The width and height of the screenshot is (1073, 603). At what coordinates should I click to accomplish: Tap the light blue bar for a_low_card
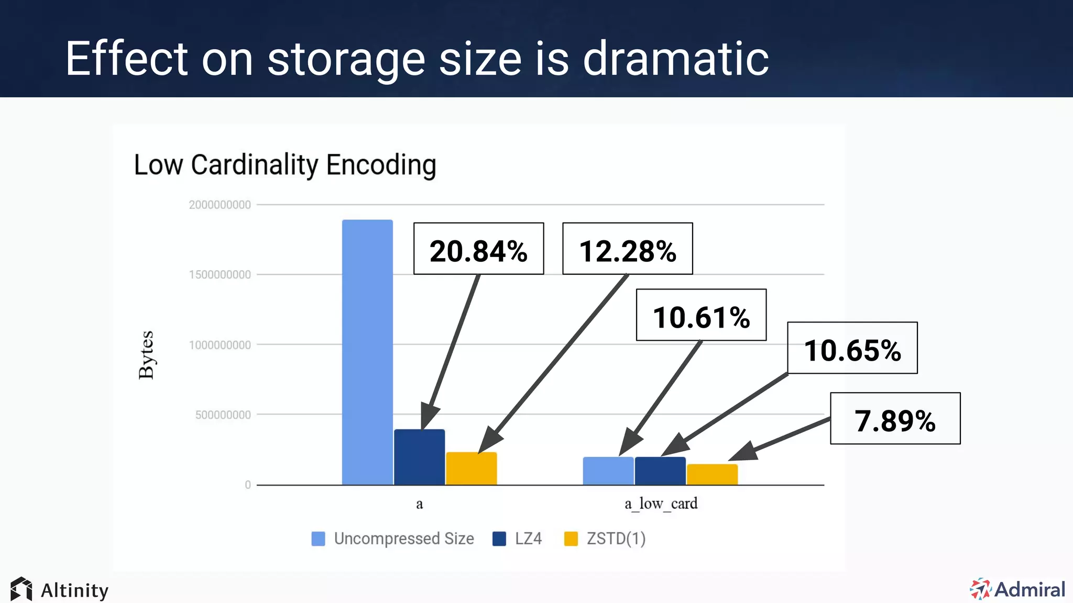[608, 471]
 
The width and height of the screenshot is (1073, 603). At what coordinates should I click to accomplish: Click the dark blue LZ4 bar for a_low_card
[660, 471]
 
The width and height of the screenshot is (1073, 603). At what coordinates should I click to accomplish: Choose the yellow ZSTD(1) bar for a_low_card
[712, 474]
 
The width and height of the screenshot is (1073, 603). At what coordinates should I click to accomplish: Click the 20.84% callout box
[478, 249]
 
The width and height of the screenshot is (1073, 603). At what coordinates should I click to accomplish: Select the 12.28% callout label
[627, 249]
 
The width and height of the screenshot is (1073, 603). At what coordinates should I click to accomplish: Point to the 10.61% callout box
[701, 315]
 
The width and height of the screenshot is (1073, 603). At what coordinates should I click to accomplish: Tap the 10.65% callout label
[852, 348]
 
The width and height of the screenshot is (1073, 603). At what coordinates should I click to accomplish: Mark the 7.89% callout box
[895, 418]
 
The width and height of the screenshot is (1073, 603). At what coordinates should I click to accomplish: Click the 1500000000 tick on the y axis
[220, 275]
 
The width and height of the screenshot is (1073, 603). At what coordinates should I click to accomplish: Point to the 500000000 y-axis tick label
[223, 415]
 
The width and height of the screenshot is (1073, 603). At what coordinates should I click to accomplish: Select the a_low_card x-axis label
[661, 504]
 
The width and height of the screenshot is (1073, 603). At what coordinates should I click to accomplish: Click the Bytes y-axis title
[146, 354]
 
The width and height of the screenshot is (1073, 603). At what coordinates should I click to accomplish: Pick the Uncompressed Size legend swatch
[318, 539]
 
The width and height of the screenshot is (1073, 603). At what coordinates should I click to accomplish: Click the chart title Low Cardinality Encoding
[285, 165]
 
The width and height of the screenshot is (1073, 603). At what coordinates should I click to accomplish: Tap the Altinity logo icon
[21, 589]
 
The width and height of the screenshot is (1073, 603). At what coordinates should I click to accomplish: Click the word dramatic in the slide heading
[676, 59]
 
